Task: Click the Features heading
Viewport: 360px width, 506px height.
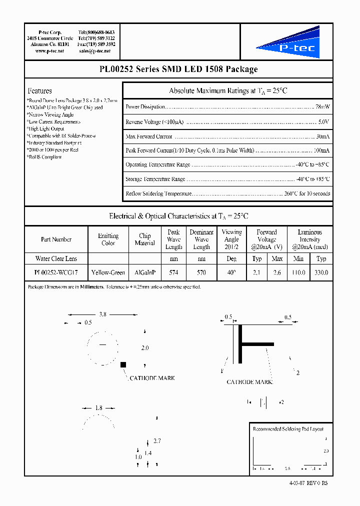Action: [40, 91]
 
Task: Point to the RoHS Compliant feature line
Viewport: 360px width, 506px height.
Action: [44, 157]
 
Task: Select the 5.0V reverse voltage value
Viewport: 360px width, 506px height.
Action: [323, 121]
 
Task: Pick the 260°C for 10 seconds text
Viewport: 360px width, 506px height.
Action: [307, 193]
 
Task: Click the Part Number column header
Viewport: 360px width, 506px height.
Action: [56, 239]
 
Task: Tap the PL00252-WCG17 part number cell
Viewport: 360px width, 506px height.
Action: [56, 272]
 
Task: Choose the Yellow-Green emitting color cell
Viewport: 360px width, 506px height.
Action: [108, 272]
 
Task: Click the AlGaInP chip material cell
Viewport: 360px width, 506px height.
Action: [145, 272]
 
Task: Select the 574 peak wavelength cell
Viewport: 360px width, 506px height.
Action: [173, 272]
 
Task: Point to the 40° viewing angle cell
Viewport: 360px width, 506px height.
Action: [231, 272]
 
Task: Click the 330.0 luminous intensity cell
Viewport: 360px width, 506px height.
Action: [321, 272]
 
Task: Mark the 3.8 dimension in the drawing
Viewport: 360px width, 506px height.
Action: [102, 314]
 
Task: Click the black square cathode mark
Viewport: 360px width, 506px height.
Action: [122, 365]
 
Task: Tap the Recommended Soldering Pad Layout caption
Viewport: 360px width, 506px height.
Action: [288, 429]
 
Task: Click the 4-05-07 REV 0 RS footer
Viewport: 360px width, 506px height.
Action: [308, 483]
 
